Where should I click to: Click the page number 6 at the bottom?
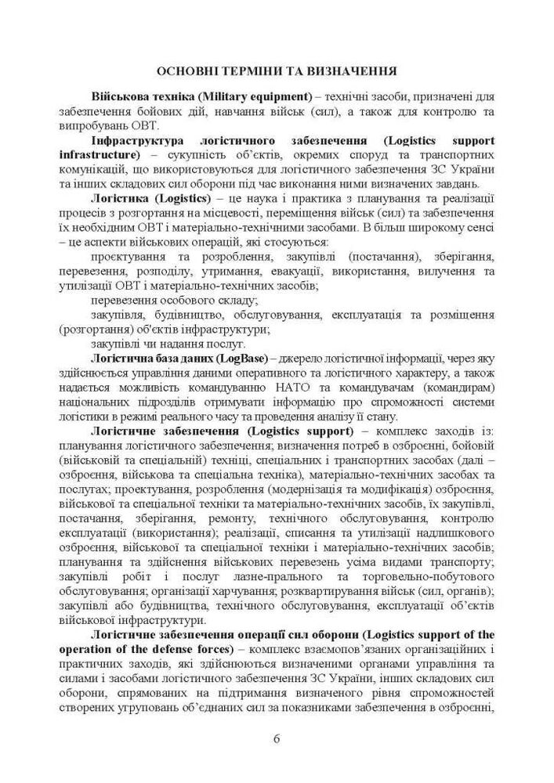coord(277,738)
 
